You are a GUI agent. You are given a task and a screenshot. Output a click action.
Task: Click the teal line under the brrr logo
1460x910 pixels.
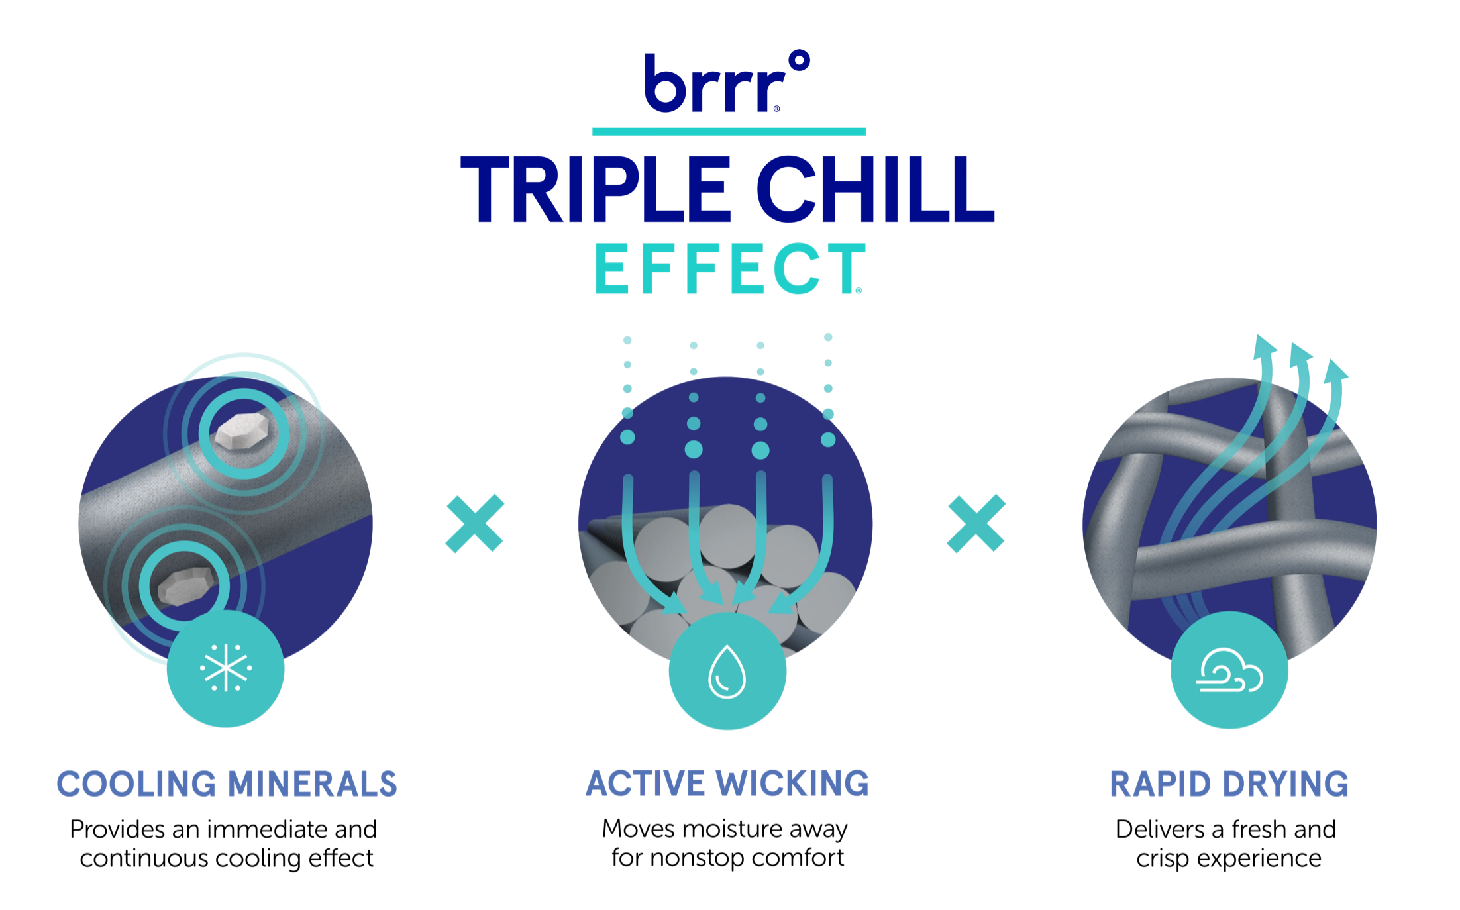coord(729,131)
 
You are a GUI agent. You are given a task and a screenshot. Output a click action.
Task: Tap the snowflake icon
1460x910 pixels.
coord(226,668)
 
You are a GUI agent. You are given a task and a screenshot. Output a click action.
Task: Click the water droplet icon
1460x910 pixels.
coord(727,672)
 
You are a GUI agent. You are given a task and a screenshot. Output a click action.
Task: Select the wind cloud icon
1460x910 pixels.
coord(1229,670)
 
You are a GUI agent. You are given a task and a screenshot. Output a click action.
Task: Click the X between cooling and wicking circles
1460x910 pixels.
coord(475,523)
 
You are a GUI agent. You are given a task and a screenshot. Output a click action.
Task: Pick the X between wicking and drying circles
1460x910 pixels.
coord(976,523)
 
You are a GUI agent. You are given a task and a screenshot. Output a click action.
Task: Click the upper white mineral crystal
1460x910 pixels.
coord(242,430)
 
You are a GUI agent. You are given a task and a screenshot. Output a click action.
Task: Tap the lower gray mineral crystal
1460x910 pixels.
coord(186,585)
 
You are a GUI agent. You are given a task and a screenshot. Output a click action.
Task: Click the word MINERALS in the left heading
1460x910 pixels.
coord(312,784)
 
